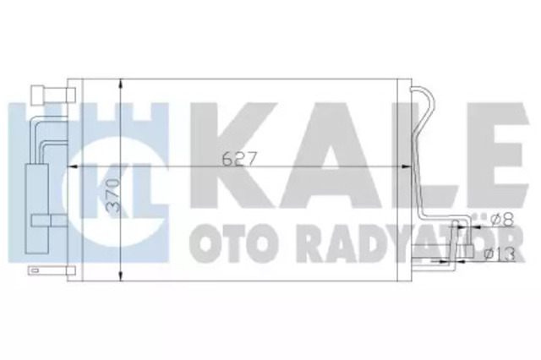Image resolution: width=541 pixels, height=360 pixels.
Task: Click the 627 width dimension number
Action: (x=239, y=159)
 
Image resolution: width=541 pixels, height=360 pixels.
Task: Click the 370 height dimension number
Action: (x=113, y=196)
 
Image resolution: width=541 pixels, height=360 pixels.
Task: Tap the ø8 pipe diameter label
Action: (x=502, y=220)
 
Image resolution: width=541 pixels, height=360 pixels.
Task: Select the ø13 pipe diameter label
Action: (x=500, y=255)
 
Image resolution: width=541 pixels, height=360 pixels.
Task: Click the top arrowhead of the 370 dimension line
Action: (x=120, y=84)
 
